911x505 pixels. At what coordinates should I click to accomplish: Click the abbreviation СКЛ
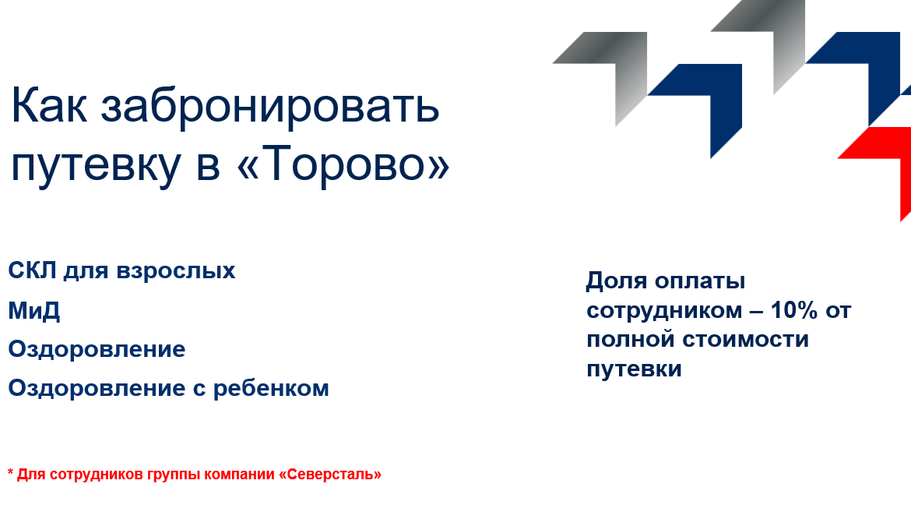click(32, 271)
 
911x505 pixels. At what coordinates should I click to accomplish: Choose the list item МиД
click(34, 311)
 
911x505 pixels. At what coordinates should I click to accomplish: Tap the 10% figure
click(794, 310)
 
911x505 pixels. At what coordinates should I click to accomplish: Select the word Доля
click(617, 281)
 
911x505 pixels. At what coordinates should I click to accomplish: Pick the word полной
click(631, 340)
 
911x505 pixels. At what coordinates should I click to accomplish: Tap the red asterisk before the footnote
click(11, 472)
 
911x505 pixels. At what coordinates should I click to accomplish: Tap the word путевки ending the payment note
click(634, 369)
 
